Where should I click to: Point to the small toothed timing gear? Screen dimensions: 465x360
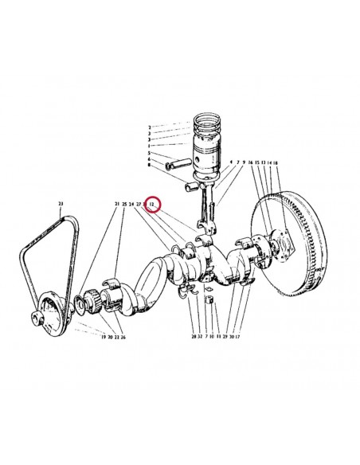pos(90,302)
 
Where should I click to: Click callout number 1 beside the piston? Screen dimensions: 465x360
pos(149,145)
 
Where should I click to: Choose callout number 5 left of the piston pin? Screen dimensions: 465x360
pos(149,153)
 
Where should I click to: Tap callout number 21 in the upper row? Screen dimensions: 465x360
pos(115,205)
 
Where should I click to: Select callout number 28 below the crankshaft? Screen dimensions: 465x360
pos(193,337)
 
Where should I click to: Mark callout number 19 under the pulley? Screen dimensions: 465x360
pos(103,337)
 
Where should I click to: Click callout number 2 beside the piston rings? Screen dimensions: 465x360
pos(149,127)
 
